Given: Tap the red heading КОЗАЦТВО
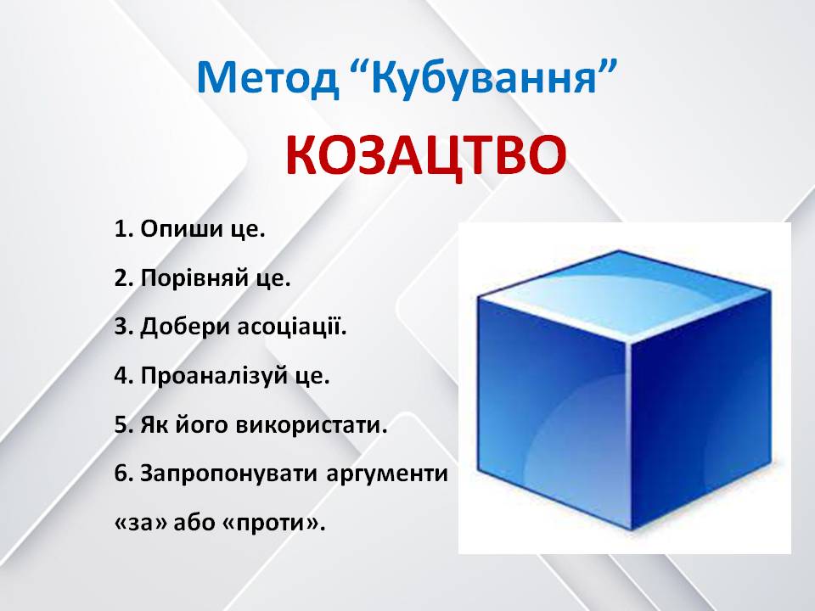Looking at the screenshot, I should pos(424,155).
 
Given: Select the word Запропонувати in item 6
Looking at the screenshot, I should pos(228,474).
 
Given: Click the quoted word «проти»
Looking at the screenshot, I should pos(283,524).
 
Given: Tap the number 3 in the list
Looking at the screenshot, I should pos(121,328).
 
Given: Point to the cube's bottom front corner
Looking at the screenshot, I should pos(633,530).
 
